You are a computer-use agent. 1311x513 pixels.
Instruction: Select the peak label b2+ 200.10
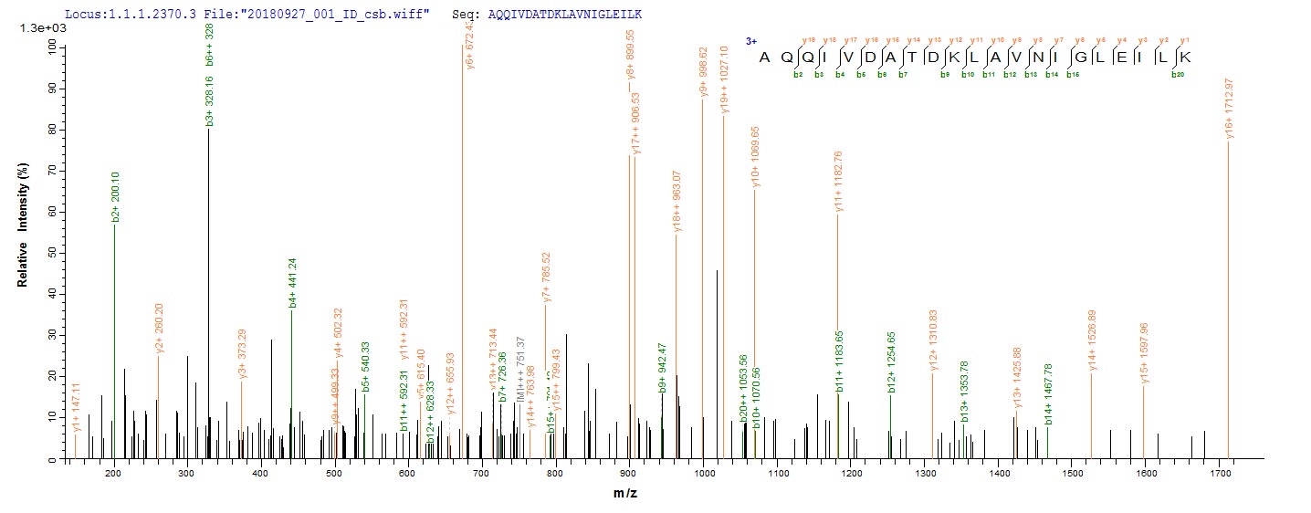pyautogui.click(x=115, y=197)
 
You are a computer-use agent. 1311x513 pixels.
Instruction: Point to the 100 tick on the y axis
pyautogui.click(x=51, y=48)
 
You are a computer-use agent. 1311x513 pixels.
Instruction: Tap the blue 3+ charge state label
pyautogui.click(x=751, y=41)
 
